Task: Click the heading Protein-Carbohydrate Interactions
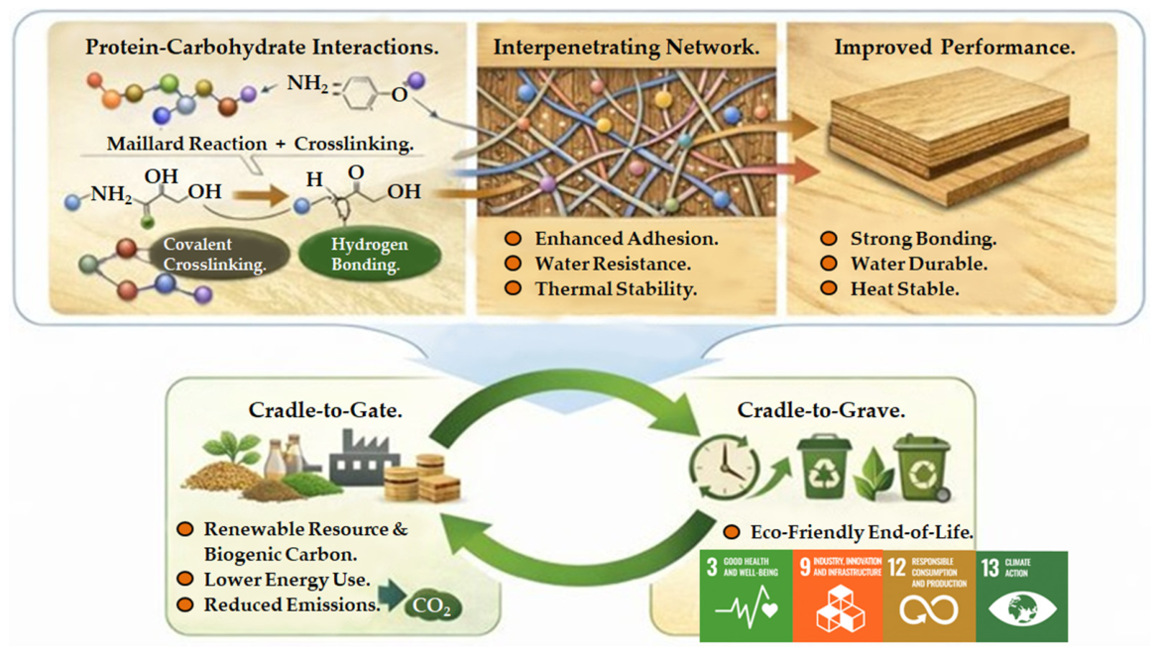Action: click(x=262, y=48)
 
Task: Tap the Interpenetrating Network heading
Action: click(x=626, y=48)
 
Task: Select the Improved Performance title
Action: click(x=954, y=48)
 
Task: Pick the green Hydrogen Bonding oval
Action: click(x=370, y=254)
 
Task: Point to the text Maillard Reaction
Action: click(x=186, y=144)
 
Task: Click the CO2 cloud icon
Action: click(x=433, y=606)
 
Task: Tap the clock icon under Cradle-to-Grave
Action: click(x=724, y=467)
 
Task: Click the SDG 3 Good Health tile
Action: click(x=746, y=596)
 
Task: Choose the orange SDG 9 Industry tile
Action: click(x=838, y=596)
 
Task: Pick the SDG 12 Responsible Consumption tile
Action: click(x=929, y=596)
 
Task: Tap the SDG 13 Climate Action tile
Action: click(x=1022, y=596)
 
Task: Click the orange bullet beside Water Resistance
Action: click(x=514, y=264)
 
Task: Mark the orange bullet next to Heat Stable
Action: click(x=829, y=288)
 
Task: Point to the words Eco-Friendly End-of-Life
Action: click(x=862, y=532)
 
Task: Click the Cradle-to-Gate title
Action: click(x=325, y=410)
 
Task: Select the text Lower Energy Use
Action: click(x=287, y=580)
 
